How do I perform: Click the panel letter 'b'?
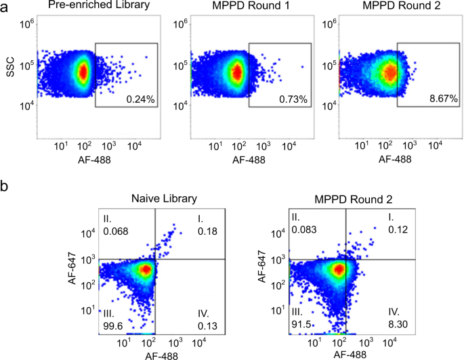(6, 185)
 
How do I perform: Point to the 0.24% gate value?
(142, 99)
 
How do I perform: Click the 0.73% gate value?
(293, 99)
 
